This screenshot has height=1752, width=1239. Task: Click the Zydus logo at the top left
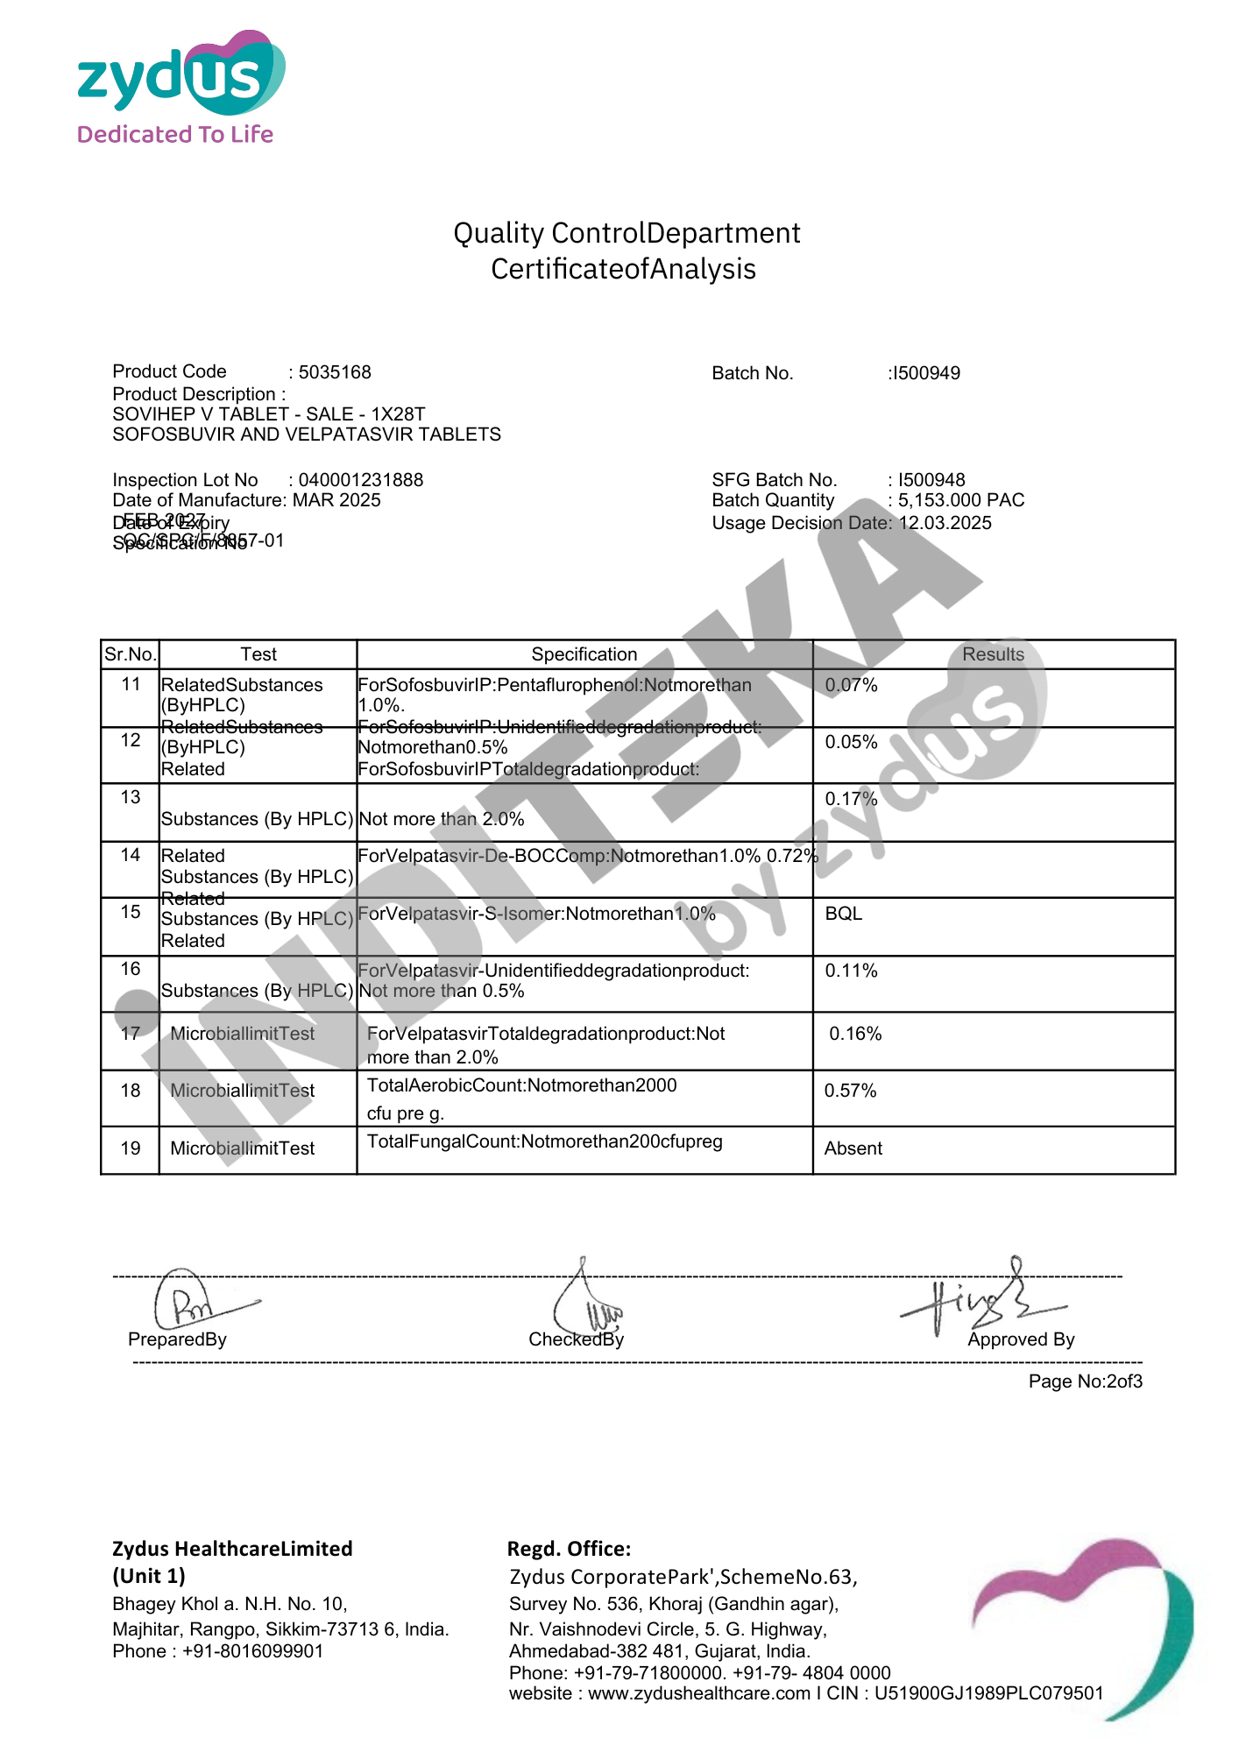[x=181, y=88]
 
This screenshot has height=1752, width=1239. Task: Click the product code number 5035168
[x=335, y=372]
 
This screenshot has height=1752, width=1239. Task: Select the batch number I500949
[x=925, y=373]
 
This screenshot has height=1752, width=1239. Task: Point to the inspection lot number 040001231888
[x=360, y=480]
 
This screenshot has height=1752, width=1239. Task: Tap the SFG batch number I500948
[x=931, y=480]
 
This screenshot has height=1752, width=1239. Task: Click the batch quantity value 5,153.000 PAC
[x=960, y=500]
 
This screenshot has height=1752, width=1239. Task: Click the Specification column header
[x=584, y=654]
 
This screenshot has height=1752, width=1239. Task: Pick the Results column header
[x=993, y=654]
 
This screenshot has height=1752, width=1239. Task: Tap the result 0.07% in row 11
[x=851, y=685]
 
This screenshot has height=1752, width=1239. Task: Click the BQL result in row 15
[x=844, y=914]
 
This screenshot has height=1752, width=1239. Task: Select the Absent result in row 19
[x=853, y=1148]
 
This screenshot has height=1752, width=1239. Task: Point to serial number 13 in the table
[x=131, y=797]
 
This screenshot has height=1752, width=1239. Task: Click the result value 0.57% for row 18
[x=850, y=1091]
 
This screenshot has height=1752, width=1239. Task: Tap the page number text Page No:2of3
[x=1085, y=1381]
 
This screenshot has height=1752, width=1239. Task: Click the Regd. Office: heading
[x=569, y=1549]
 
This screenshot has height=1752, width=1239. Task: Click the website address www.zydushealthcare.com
[x=698, y=1693]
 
